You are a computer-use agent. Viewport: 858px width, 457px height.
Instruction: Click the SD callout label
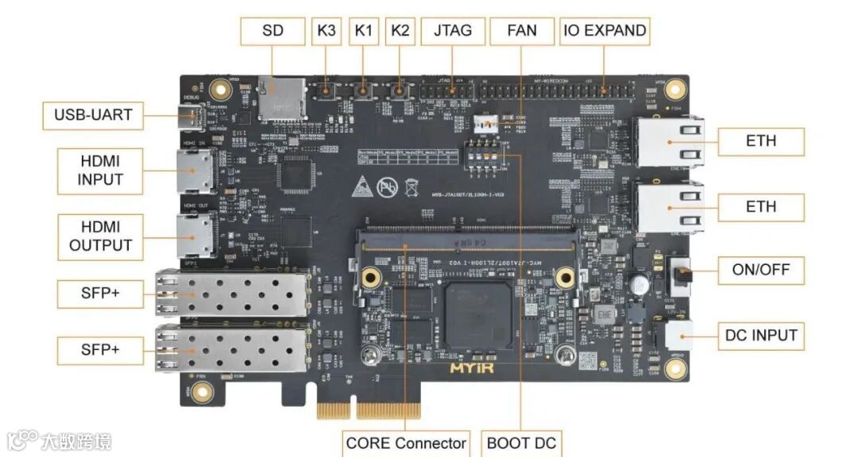(273, 32)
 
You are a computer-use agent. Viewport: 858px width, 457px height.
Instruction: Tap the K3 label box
(327, 32)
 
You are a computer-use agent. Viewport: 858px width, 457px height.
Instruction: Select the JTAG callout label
(453, 32)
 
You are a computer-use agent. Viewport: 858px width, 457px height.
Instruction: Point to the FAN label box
(522, 32)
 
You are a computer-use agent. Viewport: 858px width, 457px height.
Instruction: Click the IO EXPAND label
(605, 32)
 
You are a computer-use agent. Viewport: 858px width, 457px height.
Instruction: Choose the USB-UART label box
(93, 116)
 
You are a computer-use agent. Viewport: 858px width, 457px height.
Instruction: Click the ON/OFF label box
(761, 271)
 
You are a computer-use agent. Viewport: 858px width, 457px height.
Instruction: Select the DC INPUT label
(761, 336)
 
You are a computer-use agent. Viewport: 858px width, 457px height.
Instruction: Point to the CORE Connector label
(406, 442)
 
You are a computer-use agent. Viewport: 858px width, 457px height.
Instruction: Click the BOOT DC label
(522, 442)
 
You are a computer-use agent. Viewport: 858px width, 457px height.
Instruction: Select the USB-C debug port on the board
(192, 119)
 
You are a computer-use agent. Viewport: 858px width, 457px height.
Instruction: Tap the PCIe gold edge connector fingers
(368, 409)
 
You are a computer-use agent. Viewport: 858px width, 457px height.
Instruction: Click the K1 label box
(364, 32)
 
